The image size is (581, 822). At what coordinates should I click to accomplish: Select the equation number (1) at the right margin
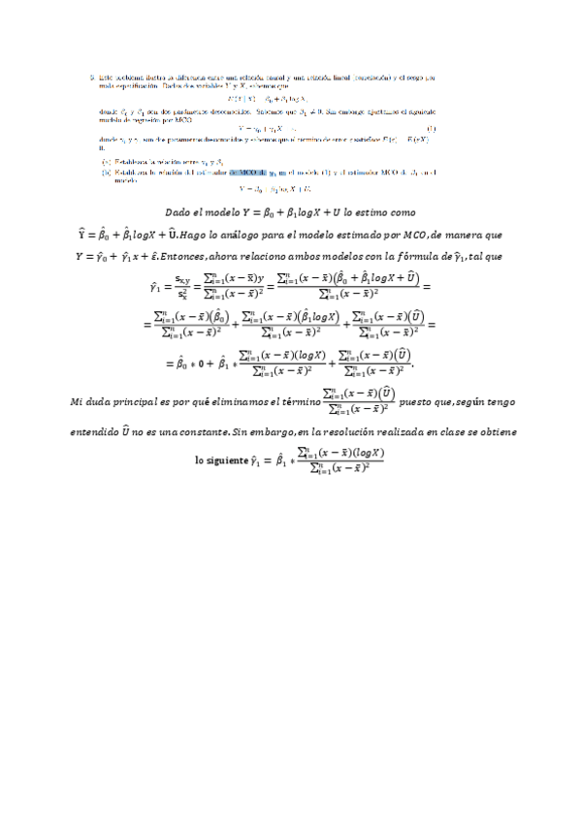click(430, 127)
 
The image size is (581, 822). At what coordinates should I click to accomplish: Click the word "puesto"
click(418, 400)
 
